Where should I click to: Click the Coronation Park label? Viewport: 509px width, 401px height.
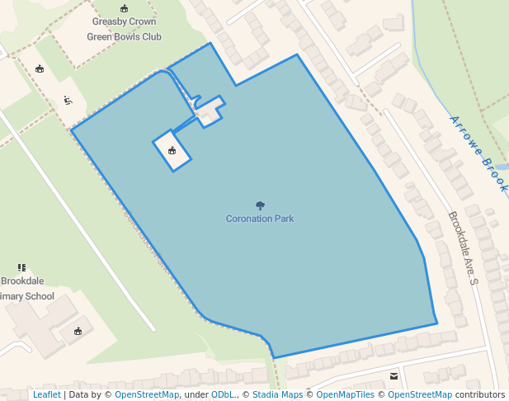point(260,219)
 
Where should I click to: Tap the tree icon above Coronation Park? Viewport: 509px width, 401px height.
point(260,205)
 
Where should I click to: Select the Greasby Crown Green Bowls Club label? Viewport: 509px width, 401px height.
point(125,31)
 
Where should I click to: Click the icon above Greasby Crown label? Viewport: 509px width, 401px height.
point(124,9)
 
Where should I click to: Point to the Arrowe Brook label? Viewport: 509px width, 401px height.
point(478,153)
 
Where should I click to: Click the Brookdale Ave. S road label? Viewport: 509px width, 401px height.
point(463,248)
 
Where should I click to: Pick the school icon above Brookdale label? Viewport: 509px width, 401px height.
point(21,267)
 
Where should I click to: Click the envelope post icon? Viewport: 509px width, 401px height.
point(394,376)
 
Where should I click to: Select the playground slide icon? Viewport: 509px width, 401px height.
point(68,101)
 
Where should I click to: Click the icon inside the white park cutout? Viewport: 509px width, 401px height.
point(172,150)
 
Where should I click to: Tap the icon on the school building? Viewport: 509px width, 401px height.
point(78,331)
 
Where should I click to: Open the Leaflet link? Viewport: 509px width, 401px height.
point(46,394)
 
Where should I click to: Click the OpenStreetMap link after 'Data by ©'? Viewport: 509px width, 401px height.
point(147,394)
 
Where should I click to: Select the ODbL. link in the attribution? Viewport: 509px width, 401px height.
point(224,394)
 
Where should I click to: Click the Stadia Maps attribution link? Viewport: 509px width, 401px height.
point(277,394)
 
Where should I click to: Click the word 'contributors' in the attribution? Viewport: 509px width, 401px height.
point(480,394)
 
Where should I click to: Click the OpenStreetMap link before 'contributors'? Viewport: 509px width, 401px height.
point(420,394)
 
